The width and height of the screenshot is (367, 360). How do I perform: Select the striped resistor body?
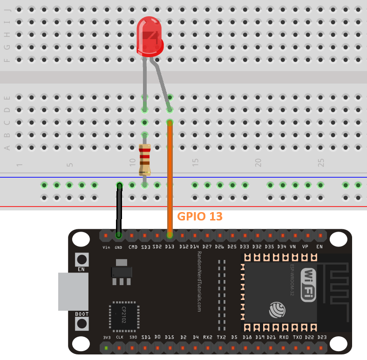click(x=145, y=159)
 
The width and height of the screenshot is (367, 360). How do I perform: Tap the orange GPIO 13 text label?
click(x=200, y=216)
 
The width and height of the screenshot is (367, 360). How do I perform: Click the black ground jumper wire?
click(x=119, y=209)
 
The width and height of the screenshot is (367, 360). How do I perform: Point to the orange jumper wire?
click(x=170, y=177)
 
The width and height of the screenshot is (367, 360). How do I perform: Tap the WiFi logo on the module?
click(x=309, y=284)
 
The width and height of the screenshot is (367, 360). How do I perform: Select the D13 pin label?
click(x=170, y=247)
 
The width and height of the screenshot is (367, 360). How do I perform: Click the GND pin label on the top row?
click(x=119, y=247)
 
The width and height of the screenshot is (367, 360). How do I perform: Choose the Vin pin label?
click(x=106, y=247)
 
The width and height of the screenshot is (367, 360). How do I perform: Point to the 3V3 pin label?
click(x=106, y=337)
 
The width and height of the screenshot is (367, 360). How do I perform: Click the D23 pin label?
click(x=321, y=337)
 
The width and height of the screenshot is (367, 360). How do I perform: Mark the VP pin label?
click(x=306, y=247)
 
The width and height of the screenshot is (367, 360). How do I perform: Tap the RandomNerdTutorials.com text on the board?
click(x=199, y=282)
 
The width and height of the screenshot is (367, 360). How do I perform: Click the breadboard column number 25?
click(x=320, y=162)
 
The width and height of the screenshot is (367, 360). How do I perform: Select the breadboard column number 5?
click(x=70, y=164)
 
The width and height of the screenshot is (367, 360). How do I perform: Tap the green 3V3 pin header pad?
click(x=106, y=348)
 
